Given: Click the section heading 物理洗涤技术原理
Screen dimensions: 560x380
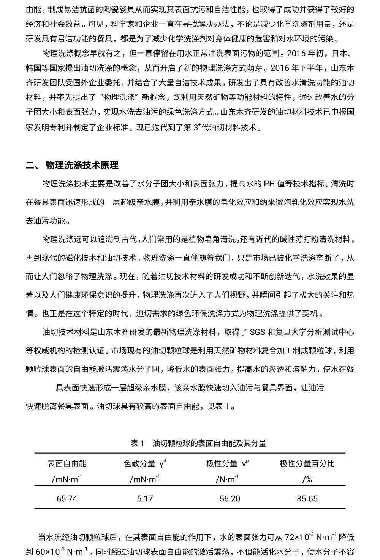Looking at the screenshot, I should pyautogui.click(x=82, y=165).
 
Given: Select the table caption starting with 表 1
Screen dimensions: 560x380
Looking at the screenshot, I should pyautogui.click(x=198, y=443).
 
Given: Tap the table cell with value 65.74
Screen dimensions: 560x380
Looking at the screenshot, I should pyautogui.click(x=67, y=498).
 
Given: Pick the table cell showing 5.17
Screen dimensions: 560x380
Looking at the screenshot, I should pyautogui.click(x=145, y=498).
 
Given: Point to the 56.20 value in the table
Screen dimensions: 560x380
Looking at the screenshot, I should pyautogui.click(x=230, y=498).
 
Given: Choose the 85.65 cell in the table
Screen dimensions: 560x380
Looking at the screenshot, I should pyautogui.click(x=307, y=498).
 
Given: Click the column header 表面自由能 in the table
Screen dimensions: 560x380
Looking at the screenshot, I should pyautogui.click(x=67, y=463).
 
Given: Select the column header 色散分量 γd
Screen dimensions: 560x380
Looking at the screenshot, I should pyautogui.click(x=145, y=463).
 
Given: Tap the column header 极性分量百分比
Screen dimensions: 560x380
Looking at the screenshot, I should pyautogui.click(x=307, y=463).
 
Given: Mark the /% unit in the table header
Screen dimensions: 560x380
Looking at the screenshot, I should pyautogui.click(x=307, y=479).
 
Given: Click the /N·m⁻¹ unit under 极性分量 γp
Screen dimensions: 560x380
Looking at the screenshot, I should pyautogui.click(x=227, y=479).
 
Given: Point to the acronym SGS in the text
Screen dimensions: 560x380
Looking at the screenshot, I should pyautogui.click(x=258, y=332).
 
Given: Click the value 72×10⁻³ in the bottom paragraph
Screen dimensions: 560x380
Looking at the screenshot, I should pyautogui.click(x=299, y=537).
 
